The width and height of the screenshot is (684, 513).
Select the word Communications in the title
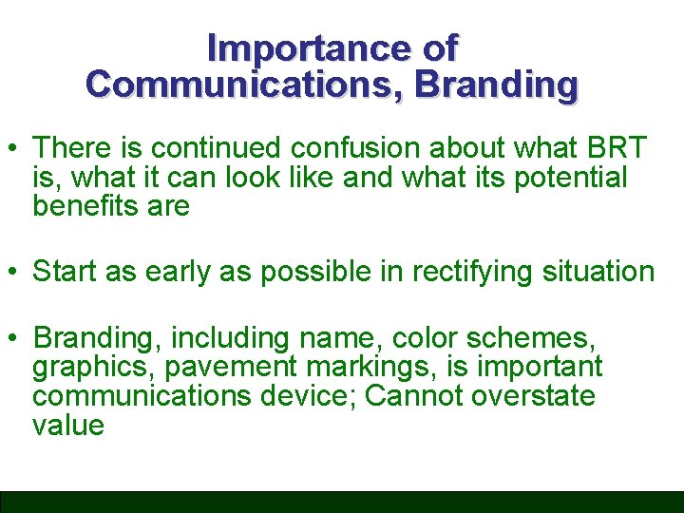pos(245,85)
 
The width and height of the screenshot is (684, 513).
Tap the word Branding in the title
pos(497,85)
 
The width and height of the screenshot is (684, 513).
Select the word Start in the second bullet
pos(66,272)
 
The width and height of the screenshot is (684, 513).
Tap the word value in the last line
pos(67,425)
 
